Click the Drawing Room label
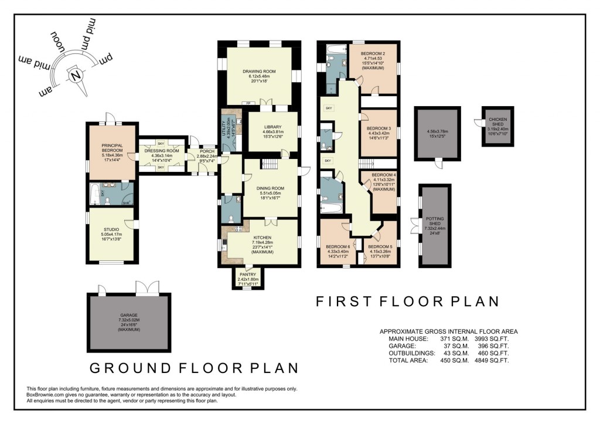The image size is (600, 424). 258,72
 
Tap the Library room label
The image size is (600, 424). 272,127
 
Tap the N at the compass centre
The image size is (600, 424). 76,76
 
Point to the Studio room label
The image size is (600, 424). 111,229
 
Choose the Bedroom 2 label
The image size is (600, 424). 373,53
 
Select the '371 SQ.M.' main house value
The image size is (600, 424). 454,339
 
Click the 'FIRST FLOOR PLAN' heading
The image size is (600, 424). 407,301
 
